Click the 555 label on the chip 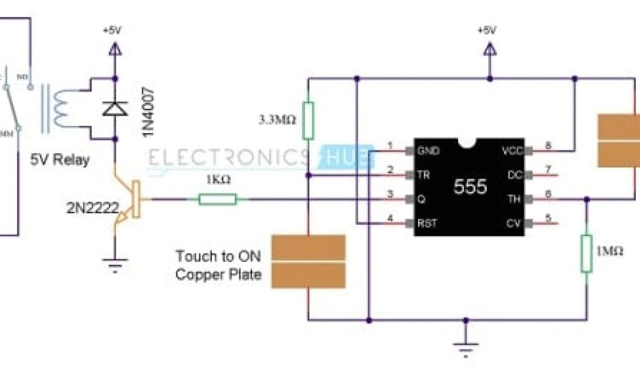(469, 187)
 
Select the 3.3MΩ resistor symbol (307, 119)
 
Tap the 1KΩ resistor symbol (217, 199)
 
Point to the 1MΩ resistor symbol (586, 254)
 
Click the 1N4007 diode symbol (114, 108)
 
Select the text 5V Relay (59, 160)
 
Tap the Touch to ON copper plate (309, 261)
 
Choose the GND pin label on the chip (428, 151)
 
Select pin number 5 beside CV (548, 219)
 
